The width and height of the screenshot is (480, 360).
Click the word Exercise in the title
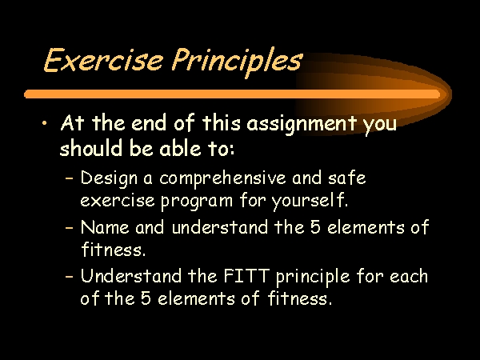(x=103, y=60)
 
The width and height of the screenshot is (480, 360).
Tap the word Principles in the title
(x=237, y=62)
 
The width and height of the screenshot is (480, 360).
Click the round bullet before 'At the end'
(x=45, y=123)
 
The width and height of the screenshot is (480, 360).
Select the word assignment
(x=302, y=125)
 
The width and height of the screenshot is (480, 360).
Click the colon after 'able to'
(x=230, y=150)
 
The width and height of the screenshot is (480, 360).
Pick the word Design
(x=109, y=179)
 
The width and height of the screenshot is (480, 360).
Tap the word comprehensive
(x=222, y=179)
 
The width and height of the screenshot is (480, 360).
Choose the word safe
(x=346, y=178)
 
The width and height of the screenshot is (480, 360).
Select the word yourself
(x=310, y=202)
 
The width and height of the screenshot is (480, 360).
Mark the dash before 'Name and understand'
(x=70, y=228)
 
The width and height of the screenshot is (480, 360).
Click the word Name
(x=105, y=227)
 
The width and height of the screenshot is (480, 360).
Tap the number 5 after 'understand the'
(x=315, y=227)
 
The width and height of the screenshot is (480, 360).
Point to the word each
(x=409, y=276)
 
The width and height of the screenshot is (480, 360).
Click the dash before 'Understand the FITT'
(x=70, y=276)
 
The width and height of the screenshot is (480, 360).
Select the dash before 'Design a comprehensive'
(x=70, y=178)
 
